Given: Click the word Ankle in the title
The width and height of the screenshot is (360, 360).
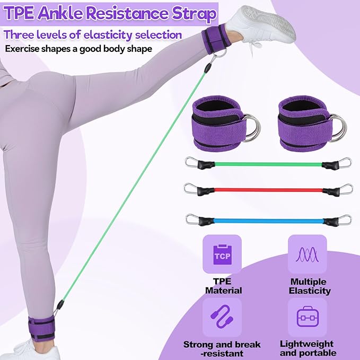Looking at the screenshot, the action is (x=60, y=14).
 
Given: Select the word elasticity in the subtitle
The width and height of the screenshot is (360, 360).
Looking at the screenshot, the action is (x=108, y=35).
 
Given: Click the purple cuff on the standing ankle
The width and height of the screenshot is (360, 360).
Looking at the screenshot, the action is (x=41, y=329).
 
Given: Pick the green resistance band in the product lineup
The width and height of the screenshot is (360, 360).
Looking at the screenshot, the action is (x=268, y=163).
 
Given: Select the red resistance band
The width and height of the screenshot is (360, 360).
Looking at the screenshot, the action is (x=268, y=190).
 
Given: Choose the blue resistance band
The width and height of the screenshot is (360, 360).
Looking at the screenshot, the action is (x=268, y=221).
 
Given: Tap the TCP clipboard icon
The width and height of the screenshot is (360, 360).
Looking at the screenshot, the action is (x=222, y=254).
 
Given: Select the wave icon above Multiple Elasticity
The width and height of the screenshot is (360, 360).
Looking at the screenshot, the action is (x=307, y=254).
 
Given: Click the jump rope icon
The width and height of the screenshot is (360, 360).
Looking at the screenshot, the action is (x=222, y=317).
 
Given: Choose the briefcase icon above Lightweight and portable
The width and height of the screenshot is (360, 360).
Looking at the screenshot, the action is (x=308, y=317).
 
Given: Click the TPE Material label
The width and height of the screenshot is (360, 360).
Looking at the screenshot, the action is (x=223, y=286).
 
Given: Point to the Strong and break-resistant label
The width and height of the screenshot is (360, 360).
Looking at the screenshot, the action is (x=222, y=348).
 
